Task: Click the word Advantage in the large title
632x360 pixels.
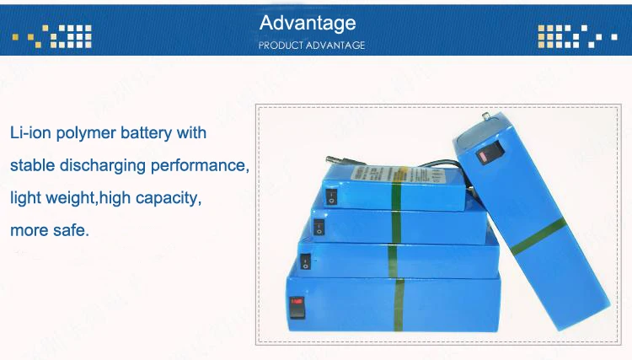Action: click(x=308, y=23)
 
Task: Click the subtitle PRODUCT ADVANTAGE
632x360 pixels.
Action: click(x=312, y=46)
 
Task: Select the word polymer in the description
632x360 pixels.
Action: click(x=89, y=133)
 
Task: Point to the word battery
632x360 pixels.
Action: click(x=149, y=133)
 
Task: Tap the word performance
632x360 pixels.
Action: click(x=201, y=165)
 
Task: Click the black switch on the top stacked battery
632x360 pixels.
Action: click(x=331, y=198)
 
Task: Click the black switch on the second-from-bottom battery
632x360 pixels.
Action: click(x=306, y=263)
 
